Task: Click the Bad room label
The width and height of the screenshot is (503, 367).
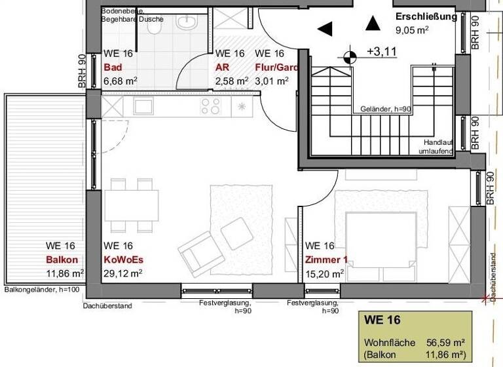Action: pos(113,68)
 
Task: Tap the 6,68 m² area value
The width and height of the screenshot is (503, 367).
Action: pos(121,81)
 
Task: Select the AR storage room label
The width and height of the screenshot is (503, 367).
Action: pos(222,68)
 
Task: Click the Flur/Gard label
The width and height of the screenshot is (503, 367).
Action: pos(276,68)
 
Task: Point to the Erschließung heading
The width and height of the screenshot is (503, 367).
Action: pos(426,17)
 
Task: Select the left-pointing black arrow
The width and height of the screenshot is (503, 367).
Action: pos(325,29)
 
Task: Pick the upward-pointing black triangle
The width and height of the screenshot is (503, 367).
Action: pos(373,24)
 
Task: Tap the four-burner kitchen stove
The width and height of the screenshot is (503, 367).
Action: pos(211,106)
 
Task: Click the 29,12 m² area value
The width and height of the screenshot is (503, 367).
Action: pos(123,273)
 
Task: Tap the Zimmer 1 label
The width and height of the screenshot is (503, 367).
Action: pos(326,260)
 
